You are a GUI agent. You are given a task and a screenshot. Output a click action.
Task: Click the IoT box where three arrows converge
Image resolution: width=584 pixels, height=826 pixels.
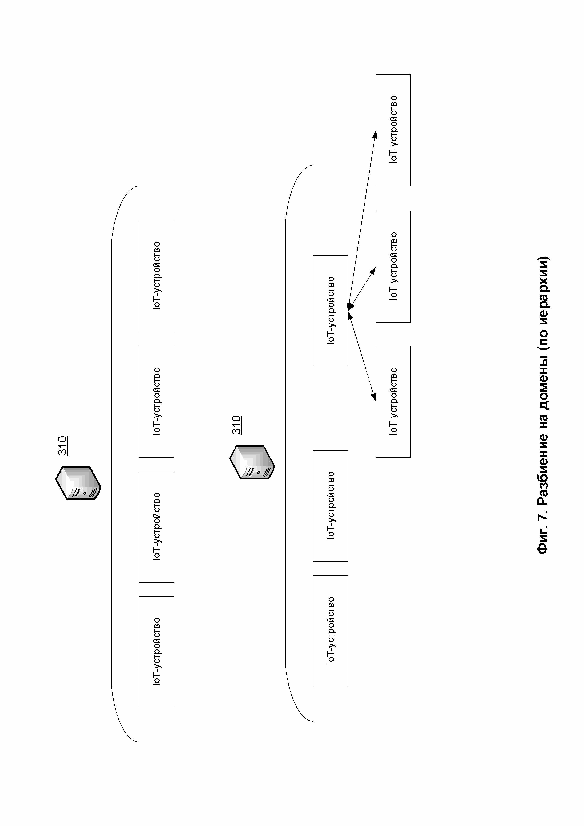(x=330, y=311)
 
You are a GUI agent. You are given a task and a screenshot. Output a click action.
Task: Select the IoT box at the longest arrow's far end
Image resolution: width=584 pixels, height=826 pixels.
(x=393, y=130)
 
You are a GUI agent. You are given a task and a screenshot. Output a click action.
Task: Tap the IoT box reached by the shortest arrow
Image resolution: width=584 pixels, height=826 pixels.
(x=393, y=267)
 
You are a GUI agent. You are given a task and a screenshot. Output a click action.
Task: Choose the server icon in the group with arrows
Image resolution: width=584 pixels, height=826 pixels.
(x=252, y=462)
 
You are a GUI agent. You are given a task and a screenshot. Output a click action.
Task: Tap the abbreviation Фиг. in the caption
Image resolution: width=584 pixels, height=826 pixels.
(x=543, y=541)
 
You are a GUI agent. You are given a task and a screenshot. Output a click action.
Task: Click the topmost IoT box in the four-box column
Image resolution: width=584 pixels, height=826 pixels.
(x=157, y=276)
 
